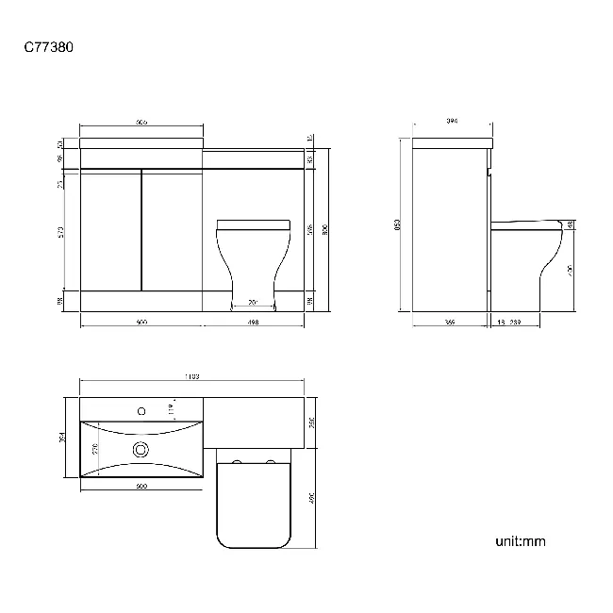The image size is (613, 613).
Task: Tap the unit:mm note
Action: (x=521, y=541)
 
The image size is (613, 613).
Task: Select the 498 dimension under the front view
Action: (x=254, y=323)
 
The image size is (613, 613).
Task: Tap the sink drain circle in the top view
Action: (x=141, y=450)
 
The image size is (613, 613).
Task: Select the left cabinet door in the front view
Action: (x=110, y=229)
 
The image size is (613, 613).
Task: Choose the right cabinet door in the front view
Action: (x=173, y=229)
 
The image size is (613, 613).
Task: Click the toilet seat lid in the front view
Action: (x=254, y=224)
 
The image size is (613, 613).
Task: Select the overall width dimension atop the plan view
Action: (x=191, y=377)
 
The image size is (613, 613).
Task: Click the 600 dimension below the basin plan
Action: (x=141, y=487)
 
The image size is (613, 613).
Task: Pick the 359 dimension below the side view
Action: (x=451, y=323)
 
